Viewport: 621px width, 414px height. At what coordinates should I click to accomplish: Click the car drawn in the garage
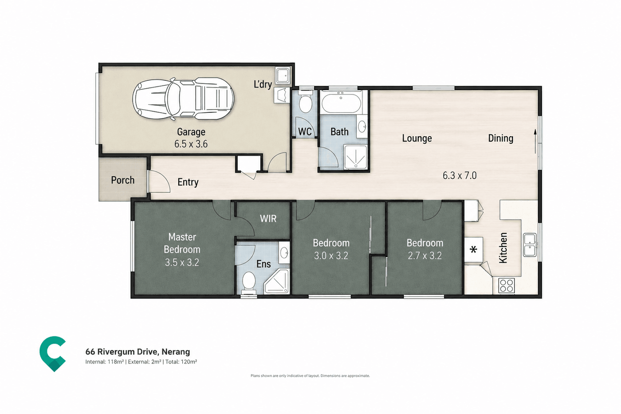183,99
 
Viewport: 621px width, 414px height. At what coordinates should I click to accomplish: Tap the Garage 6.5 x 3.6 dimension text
191,144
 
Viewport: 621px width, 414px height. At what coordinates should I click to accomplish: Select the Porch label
122,180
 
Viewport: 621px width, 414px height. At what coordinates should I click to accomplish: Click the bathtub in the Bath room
341,103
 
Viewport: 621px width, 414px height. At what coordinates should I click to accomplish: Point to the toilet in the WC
305,103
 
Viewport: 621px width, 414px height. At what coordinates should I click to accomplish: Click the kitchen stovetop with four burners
506,285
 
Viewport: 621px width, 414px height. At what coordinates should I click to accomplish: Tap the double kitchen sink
530,245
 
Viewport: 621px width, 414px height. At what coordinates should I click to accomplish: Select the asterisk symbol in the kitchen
474,249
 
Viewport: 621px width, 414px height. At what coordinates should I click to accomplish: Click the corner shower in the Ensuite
277,281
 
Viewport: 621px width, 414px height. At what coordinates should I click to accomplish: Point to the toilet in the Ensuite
248,283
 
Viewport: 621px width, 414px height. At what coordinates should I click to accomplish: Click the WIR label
268,218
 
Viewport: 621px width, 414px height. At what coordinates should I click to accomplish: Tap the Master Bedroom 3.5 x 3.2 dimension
182,262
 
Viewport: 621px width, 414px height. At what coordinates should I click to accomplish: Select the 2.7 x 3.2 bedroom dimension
425,256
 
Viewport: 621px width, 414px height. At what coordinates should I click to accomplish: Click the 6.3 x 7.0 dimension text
460,175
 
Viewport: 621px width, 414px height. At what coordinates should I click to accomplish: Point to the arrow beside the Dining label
535,141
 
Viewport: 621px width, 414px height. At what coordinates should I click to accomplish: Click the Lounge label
417,138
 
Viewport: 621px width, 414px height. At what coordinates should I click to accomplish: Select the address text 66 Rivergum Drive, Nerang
138,351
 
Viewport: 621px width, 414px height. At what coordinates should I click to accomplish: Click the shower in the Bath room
355,157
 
